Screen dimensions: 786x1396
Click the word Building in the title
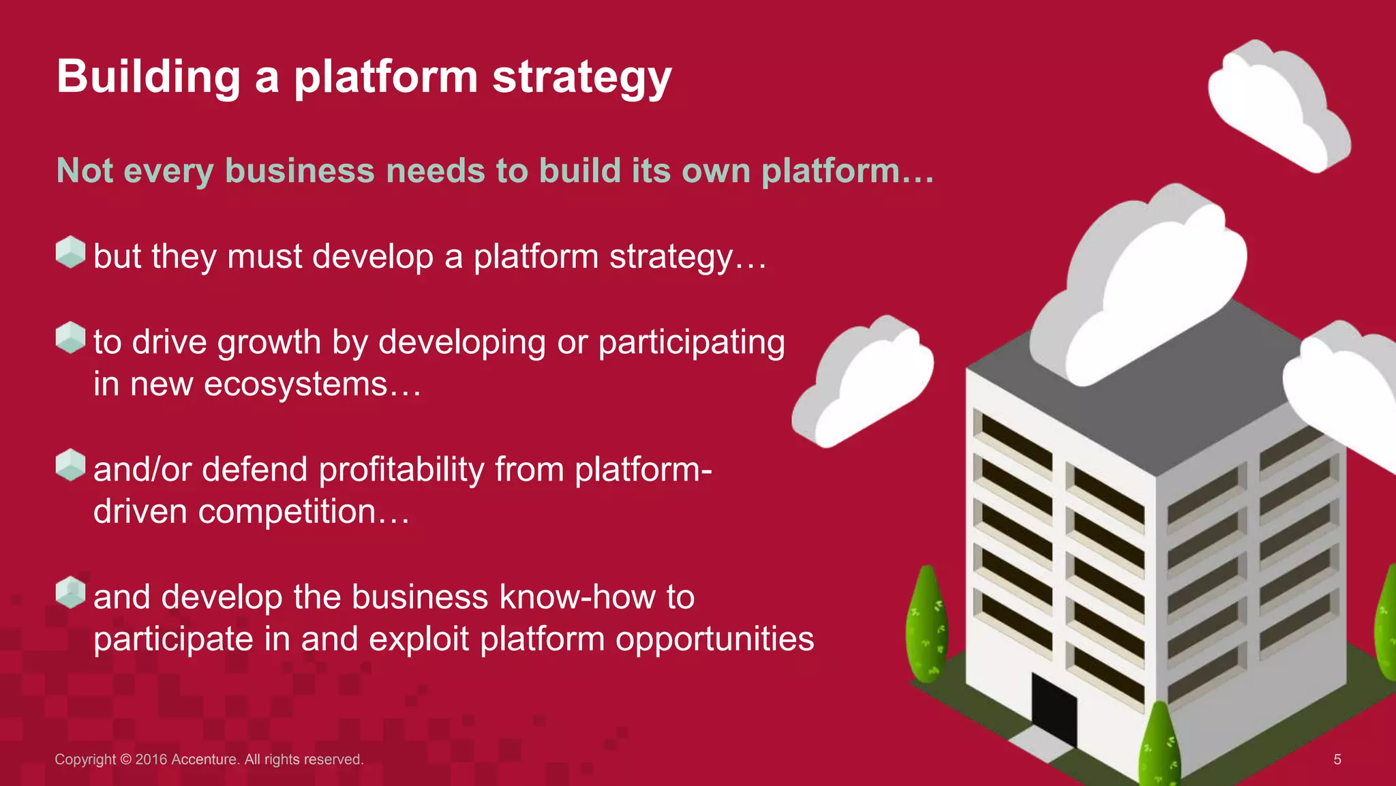[149, 76]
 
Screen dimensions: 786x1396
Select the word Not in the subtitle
[85, 170]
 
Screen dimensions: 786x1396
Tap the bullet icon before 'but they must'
[70, 252]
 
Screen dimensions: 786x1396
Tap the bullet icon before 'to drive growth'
[70, 338]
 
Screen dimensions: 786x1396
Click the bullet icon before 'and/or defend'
[70, 465]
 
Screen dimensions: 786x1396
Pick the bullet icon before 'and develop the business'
[70, 592]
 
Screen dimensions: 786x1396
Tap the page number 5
[1337, 759]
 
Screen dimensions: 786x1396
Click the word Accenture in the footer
[204, 759]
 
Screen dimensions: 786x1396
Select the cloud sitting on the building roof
[1145, 286]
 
